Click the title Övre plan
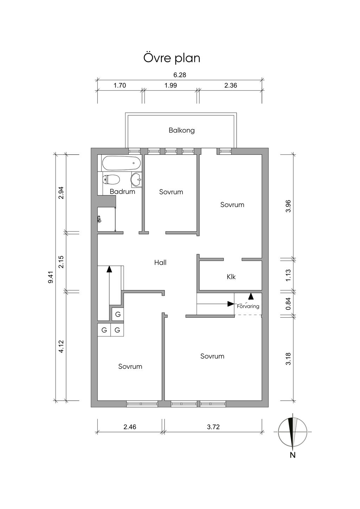point(172,58)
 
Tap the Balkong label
point(182,130)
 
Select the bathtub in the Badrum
point(122,163)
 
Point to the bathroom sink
point(136,180)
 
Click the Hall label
point(160,263)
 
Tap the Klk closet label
point(231,277)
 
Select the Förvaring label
point(248,306)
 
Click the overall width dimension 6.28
point(180,75)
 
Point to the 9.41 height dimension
point(51,277)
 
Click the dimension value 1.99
point(171,85)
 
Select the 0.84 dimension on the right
point(288,304)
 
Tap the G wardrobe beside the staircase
point(118,314)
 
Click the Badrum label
point(122,192)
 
